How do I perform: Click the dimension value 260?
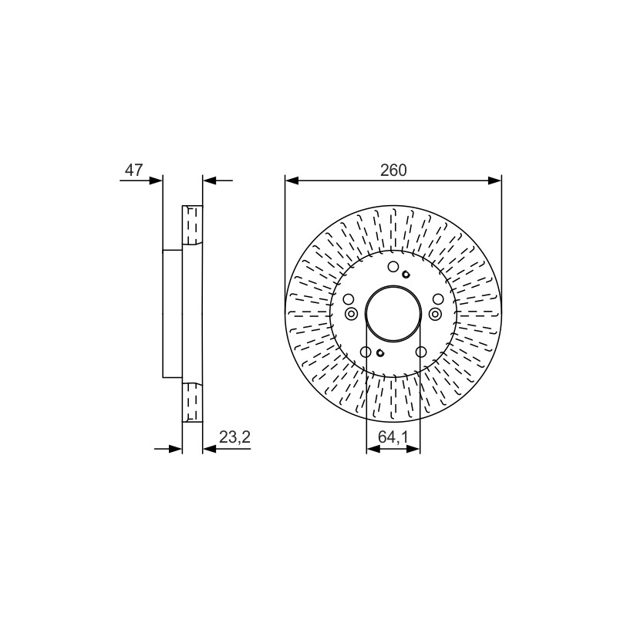click(x=393, y=170)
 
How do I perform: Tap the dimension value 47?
click(x=133, y=170)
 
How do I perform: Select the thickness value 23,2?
click(x=234, y=437)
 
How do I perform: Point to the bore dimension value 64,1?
click(x=393, y=437)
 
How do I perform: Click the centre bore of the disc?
click(x=393, y=313)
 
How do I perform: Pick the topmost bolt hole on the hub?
click(x=393, y=267)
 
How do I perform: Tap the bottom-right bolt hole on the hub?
click(x=421, y=352)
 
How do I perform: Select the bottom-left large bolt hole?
click(x=366, y=352)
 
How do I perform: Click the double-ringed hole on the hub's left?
click(x=351, y=314)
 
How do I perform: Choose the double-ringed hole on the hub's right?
click(x=435, y=314)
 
